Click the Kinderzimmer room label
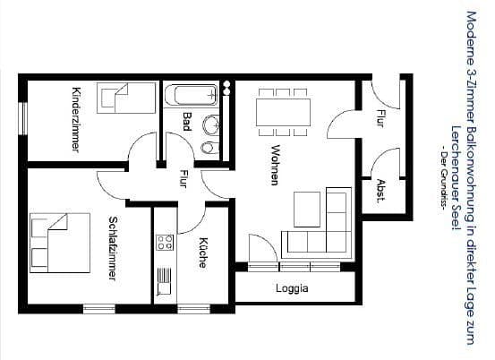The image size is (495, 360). click(x=75, y=119)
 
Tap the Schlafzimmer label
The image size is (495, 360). click(x=113, y=248)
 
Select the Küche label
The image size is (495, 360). click(x=202, y=252)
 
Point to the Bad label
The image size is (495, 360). click(x=186, y=121)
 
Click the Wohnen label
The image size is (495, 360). click(x=275, y=165)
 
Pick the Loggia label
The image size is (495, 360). click(x=292, y=288)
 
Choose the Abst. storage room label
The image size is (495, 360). click(x=380, y=191)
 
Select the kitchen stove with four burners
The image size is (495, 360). click(x=165, y=241)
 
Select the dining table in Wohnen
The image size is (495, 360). click(x=283, y=111)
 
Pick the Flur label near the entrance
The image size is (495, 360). click(x=380, y=116)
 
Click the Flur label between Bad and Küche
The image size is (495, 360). click(x=183, y=178)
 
